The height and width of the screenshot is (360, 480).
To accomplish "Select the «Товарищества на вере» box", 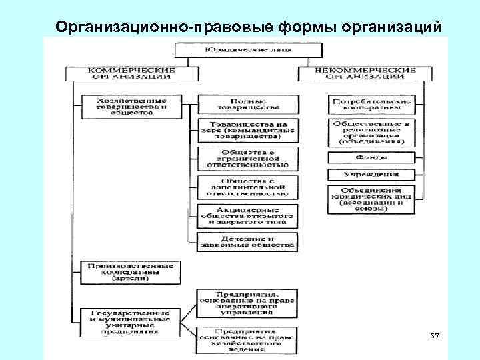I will (x=247, y=131).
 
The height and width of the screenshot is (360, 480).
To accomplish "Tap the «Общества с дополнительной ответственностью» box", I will (x=247, y=188).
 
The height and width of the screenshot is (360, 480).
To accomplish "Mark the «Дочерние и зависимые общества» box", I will (x=247, y=241).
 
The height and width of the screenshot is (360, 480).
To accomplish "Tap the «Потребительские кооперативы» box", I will (x=372, y=105).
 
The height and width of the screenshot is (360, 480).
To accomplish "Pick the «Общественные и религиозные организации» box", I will (x=372, y=131).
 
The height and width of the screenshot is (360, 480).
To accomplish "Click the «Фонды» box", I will (x=372, y=158).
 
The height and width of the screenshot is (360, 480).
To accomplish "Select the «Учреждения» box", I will (x=372, y=175).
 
